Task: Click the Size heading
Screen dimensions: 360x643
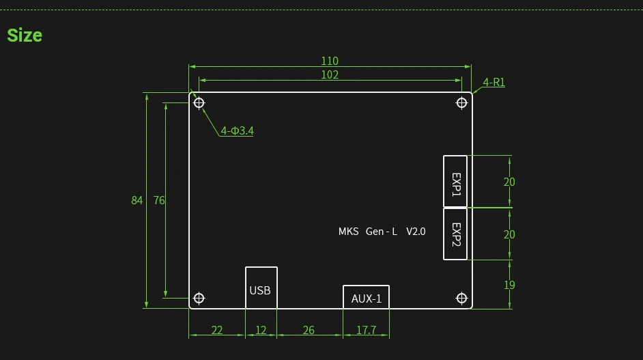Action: (25, 36)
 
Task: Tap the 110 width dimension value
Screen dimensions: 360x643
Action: (330, 61)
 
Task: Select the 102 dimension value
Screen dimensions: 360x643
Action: (330, 74)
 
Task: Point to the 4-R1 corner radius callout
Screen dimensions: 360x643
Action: (494, 83)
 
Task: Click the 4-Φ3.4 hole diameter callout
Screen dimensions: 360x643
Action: (237, 130)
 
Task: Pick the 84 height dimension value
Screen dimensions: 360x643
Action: (137, 200)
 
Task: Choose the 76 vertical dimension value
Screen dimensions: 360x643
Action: (159, 200)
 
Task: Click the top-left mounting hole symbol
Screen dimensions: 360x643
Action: (199, 103)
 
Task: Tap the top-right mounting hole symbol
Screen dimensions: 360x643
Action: (461, 103)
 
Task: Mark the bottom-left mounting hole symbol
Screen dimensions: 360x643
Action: (199, 298)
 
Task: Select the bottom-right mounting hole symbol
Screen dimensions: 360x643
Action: (461, 298)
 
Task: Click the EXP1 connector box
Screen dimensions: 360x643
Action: (455, 181)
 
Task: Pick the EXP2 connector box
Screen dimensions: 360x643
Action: (455, 234)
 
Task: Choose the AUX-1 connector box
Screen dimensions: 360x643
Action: (366, 298)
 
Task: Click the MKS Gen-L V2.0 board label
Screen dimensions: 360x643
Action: (382, 232)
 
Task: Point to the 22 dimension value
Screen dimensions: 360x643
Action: (216, 330)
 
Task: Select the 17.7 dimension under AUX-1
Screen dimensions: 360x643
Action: (366, 330)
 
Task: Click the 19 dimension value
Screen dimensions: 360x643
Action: (509, 285)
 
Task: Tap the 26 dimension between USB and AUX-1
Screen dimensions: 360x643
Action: (309, 330)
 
